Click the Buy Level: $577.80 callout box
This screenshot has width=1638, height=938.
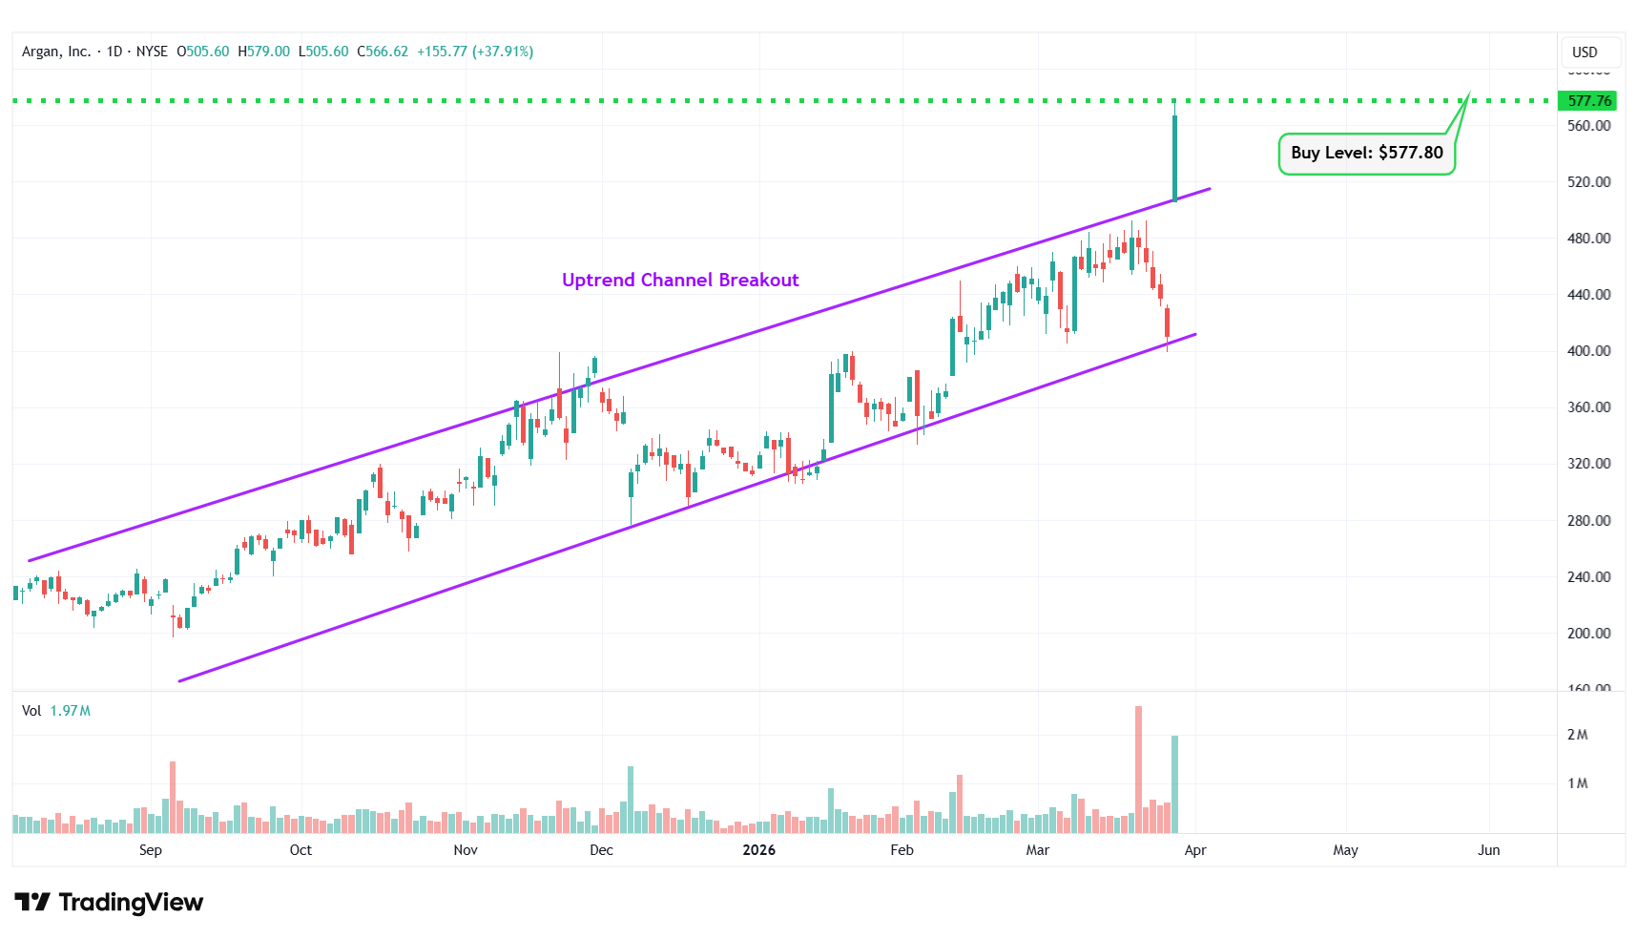pos(1366,153)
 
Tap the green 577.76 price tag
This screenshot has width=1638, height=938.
pos(1588,100)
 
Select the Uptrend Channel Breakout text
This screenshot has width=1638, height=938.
pos(680,280)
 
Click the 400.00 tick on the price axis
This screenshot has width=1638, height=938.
pos(1588,351)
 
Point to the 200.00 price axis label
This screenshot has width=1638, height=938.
pos(1588,634)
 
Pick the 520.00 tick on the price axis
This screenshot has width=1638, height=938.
pos(1588,181)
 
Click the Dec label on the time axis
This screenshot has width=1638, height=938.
pos(601,850)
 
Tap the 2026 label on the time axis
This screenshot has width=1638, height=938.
pos(758,850)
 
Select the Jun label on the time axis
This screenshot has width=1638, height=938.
pos(1488,850)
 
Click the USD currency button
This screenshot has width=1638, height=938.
pos(1585,52)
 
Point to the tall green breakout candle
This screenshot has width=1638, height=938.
pos(1174,157)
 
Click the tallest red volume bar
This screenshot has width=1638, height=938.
pos(1138,769)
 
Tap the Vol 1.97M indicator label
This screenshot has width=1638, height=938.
pos(56,711)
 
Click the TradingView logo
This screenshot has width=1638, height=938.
pos(109,903)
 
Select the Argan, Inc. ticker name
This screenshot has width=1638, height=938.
pos(56,52)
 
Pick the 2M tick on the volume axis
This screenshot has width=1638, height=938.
pos(1577,735)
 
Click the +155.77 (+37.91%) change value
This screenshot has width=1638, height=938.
pos(475,52)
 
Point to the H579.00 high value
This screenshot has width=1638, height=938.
pos(263,52)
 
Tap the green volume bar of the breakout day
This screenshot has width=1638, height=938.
pos(1174,783)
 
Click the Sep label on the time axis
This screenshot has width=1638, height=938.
pos(150,850)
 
